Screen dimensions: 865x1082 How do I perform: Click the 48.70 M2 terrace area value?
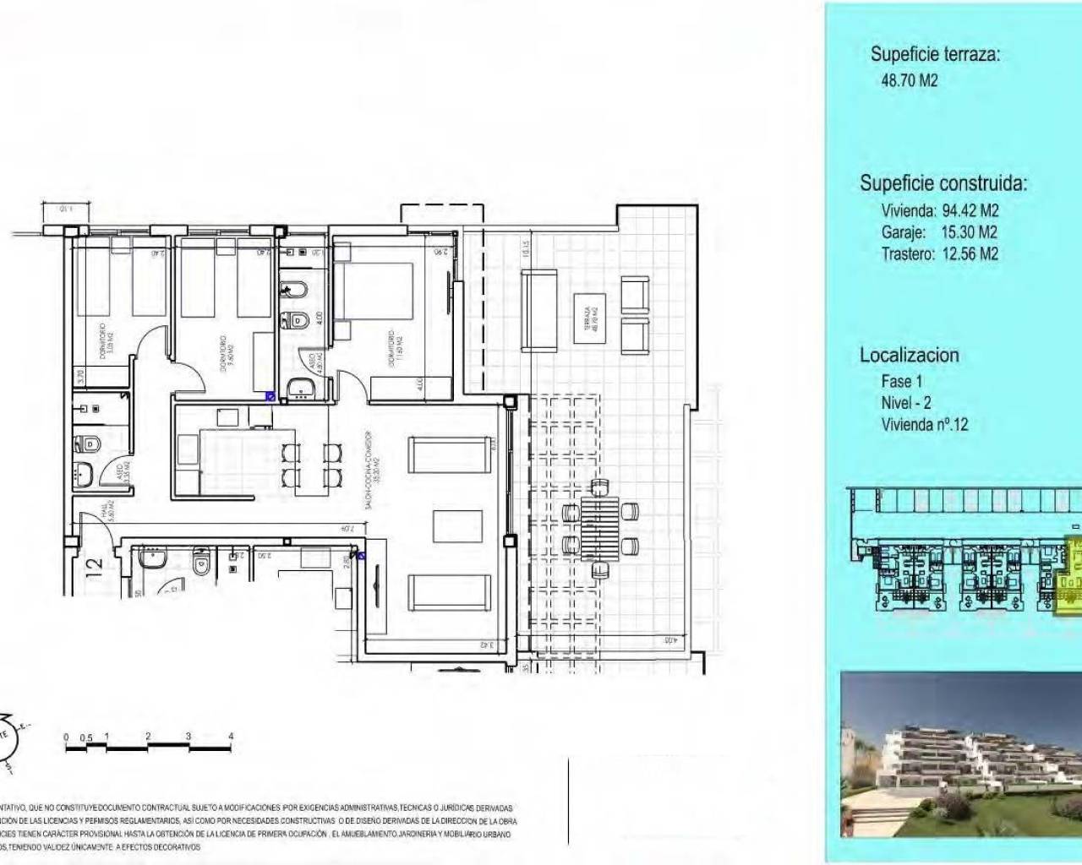pyautogui.click(x=909, y=81)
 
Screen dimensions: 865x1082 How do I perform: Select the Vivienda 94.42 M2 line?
pyautogui.click(x=940, y=210)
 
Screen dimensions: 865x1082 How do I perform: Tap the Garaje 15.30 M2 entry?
pyautogui.click(x=939, y=232)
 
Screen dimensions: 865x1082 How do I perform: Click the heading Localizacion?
pyautogui.click(x=909, y=355)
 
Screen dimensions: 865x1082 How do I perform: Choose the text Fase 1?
pyautogui.click(x=901, y=381)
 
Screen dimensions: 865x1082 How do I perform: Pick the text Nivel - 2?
pyautogui.click(x=905, y=403)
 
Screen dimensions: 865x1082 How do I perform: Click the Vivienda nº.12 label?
pyautogui.click(x=924, y=425)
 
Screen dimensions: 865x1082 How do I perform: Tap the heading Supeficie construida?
pyautogui.click(x=943, y=183)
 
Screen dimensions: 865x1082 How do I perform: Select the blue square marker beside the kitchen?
pyautogui.click(x=270, y=395)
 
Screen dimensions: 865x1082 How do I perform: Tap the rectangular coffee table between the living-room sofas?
pyautogui.click(x=457, y=526)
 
